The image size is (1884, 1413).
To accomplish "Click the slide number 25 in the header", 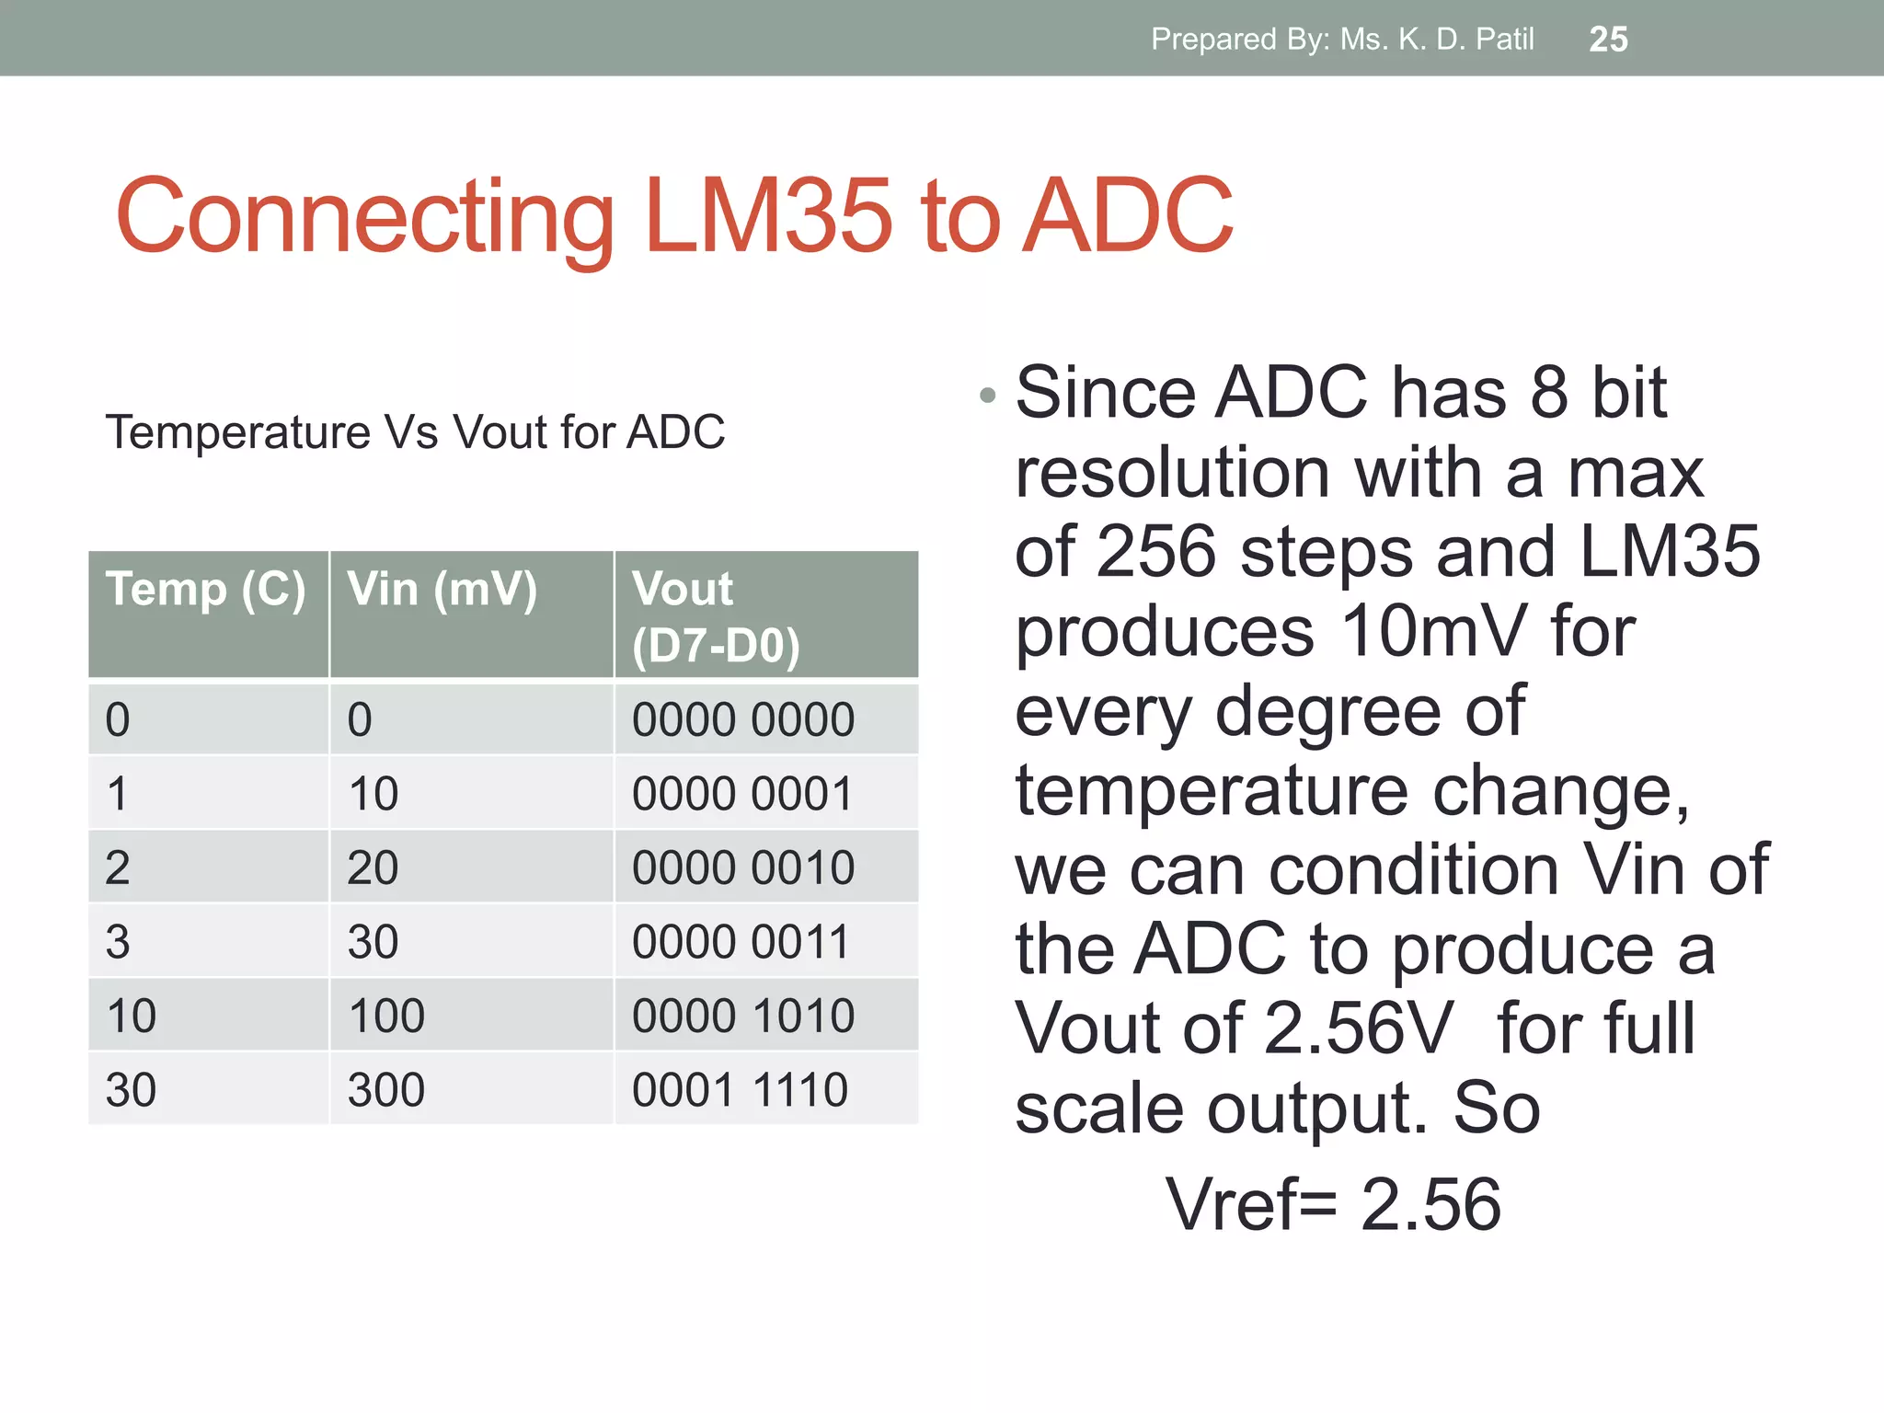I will pos(1608,40).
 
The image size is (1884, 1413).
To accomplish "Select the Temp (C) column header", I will pos(206,590).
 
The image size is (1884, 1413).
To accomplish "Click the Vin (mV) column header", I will pos(442,590).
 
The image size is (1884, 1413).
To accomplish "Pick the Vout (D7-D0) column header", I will pos(716,616).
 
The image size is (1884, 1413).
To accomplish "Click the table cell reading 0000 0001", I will pos(742,794).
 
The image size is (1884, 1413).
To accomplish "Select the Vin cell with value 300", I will pos(386,1090).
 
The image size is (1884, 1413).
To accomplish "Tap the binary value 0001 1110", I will pos(740,1090).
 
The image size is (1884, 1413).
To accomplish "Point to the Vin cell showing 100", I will pos(386,1017).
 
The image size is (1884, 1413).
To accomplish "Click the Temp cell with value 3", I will pos(118,942).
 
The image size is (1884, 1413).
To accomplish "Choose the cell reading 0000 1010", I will pos(742,1017).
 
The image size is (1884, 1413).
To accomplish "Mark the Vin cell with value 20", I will pos(373,868).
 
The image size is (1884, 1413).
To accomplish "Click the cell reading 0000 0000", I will pos(742,720).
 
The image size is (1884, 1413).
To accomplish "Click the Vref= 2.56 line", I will pos(1333,1204).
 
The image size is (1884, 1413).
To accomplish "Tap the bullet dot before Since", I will pos(988,396).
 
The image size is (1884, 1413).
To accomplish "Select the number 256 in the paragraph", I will pos(1156,552).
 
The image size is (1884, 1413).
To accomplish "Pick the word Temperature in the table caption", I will pos(237,432).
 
